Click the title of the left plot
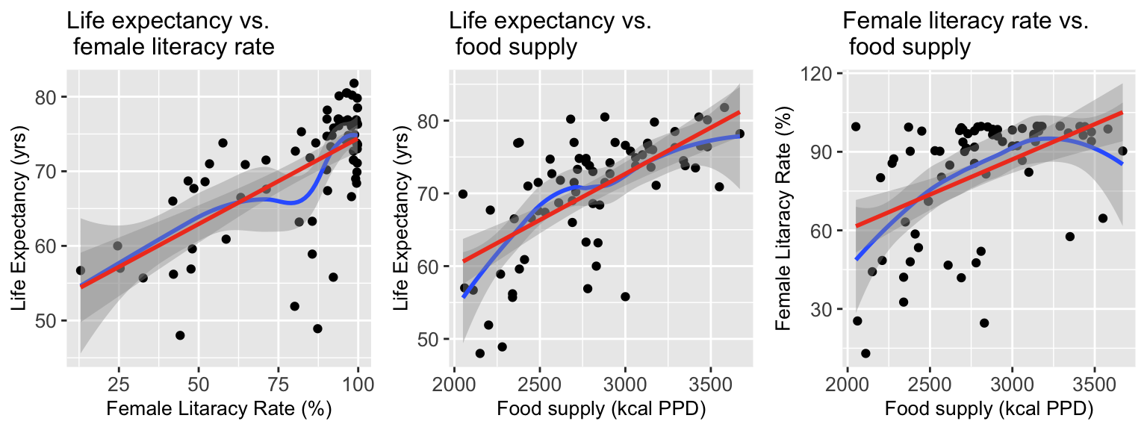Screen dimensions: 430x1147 click(x=170, y=34)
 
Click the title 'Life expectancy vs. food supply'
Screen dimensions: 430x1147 click(x=550, y=34)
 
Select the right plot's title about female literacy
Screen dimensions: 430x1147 click(x=966, y=34)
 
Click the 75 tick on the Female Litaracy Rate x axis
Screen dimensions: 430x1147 click(x=278, y=381)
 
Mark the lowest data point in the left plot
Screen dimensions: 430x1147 click(x=180, y=335)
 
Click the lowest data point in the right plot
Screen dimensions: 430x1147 click(x=865, y=353)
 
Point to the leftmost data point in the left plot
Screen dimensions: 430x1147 click(x=81, y=270)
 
